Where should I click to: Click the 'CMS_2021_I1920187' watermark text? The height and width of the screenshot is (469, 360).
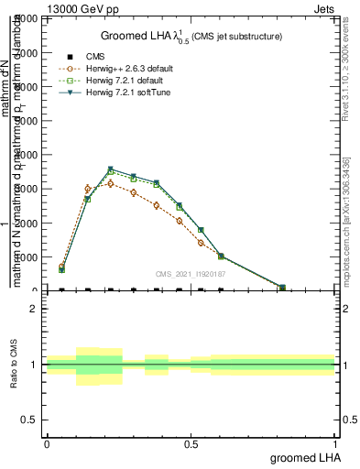(191, 273)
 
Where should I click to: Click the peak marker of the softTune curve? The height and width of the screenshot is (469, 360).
(111, 169)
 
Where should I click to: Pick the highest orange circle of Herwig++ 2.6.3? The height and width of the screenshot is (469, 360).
(88, 189)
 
